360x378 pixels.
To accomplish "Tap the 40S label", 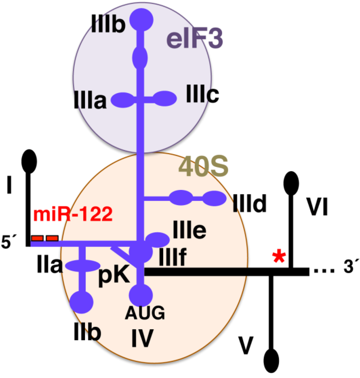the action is point(204,167).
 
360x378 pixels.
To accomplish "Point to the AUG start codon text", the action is point(145,313).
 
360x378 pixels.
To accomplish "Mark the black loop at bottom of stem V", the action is point(272,361).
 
